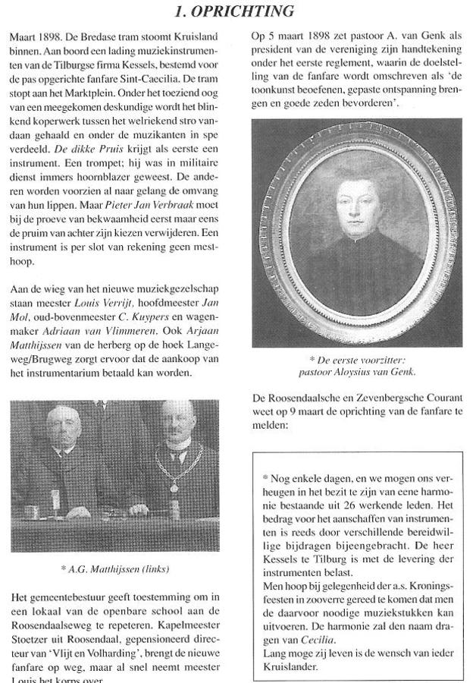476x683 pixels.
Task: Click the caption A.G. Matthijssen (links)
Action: [115, 566]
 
